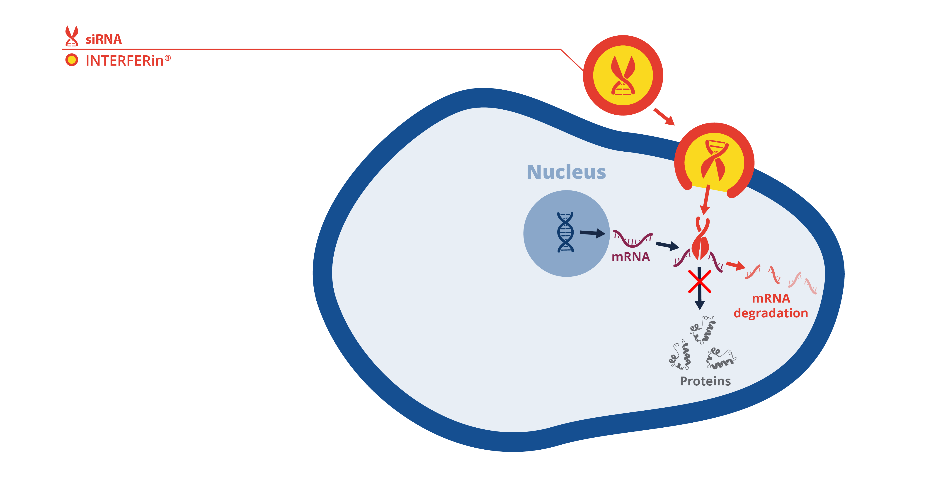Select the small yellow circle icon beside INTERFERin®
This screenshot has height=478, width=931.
click(72, 60)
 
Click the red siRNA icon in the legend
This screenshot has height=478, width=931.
click(72, 36)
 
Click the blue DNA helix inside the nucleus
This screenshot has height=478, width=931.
click(565, 232)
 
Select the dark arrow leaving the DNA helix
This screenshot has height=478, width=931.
click(592, 233)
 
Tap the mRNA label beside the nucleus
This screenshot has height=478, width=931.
click(631, 256)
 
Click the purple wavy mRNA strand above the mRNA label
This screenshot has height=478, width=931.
click(633, 239)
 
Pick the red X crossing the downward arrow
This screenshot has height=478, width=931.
click(699, 281)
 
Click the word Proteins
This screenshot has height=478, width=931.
click(705, 381)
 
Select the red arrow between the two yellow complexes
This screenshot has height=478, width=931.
click(664, 116)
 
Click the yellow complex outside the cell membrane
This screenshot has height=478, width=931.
click(623, 75)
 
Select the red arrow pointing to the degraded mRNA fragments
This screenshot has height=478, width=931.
click(735, 266)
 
